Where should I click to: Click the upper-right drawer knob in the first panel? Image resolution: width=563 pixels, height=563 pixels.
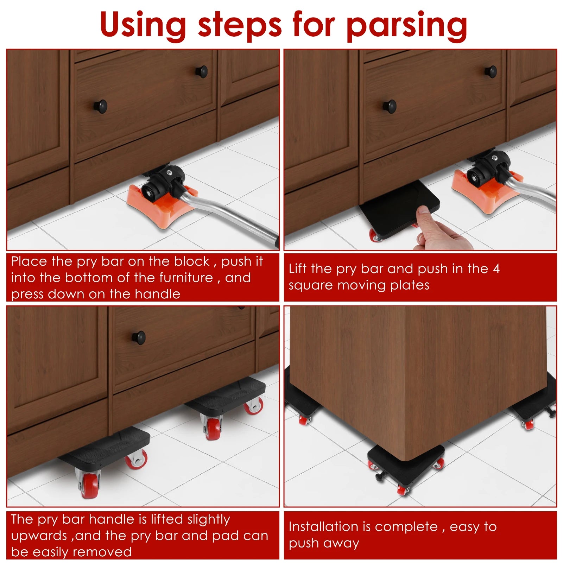[x=202, y=71]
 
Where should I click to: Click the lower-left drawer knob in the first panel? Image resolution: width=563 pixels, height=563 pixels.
[x=101, y=106]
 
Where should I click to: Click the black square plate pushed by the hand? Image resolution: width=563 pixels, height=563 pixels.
[x=394, y=208]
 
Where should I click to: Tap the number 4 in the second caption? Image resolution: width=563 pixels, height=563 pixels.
[x=496, y=269]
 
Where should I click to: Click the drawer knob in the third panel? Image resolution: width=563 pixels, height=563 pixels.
[x=139, y=337]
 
